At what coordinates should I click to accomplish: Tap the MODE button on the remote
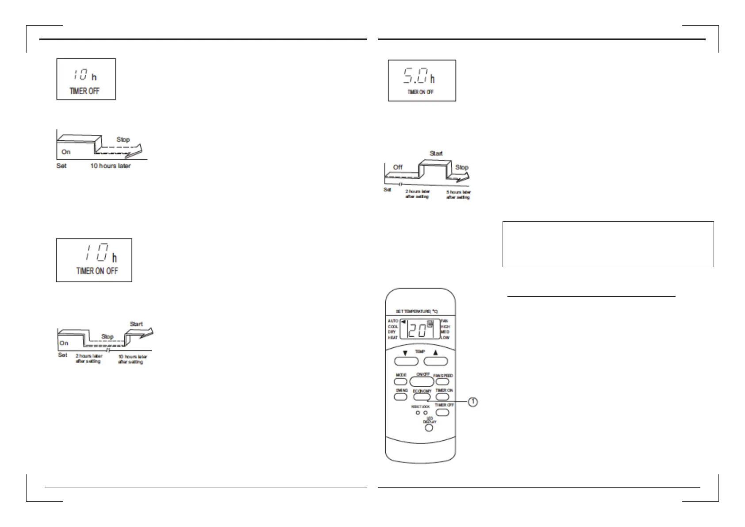click(401, 382)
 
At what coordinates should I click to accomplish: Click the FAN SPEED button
click(442, 382)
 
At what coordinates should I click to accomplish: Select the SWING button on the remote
click(401, 397)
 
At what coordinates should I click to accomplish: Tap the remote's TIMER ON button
click(442, 397)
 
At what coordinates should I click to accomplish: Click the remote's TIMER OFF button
click(442, 412)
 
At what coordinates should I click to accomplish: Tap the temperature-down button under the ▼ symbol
click(406, 361)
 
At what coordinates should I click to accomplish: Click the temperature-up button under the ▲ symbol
click(436, 361)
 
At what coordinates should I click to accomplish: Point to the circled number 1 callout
click(472, 402)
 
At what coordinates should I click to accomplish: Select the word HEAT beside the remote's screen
click(393, 338)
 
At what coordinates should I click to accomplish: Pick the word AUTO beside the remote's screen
click(393, 321)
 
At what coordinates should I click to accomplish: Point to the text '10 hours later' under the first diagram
click(110, 166)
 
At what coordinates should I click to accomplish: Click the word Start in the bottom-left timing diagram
click(136, 324)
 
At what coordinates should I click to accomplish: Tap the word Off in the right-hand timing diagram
click(398, 167)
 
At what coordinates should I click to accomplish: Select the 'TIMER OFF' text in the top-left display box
click(84, 91)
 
